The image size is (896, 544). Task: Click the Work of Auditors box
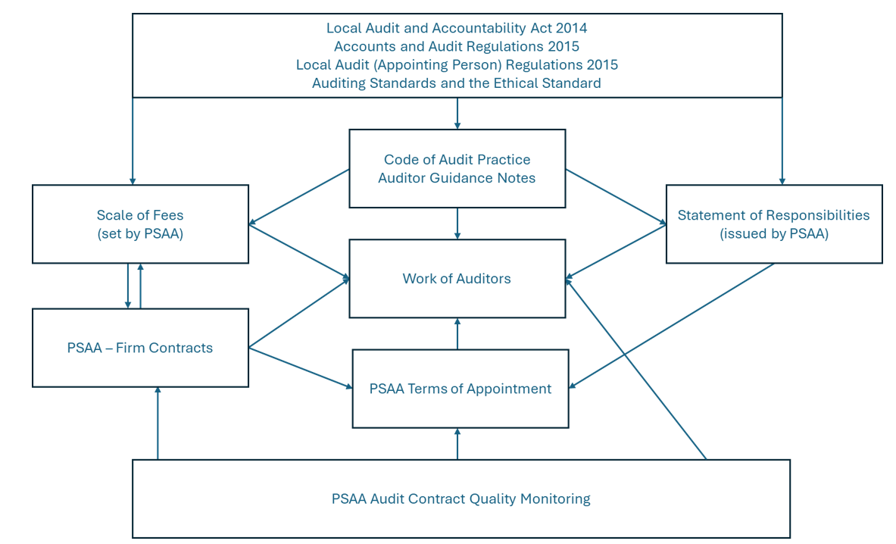pos(457,279)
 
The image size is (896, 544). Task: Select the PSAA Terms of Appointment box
pos(460,389)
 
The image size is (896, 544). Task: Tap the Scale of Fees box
pos(140,224)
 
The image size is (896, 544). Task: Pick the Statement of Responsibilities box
pos(773,224)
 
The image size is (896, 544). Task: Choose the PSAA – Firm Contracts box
pos(140,348)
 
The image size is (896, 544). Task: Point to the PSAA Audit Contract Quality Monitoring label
pos(460,499)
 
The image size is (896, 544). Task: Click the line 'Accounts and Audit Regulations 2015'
pos(457,46)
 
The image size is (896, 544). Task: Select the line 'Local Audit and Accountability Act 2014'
pos(457,28)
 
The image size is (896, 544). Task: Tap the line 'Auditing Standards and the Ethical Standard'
pos(457,83)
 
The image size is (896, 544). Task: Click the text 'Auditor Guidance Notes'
pos(457,178)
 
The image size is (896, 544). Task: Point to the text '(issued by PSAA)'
pos(773,234)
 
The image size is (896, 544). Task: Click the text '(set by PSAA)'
pos(140,234)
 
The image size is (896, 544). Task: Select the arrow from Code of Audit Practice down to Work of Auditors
pos(457,224)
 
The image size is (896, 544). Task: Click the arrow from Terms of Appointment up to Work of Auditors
pos(457,333)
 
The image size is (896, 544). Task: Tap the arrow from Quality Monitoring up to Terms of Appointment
pos(457,443)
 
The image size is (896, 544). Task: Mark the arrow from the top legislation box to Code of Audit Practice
pos(457,114)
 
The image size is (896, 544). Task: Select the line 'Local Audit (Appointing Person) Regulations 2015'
pos(457,65)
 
